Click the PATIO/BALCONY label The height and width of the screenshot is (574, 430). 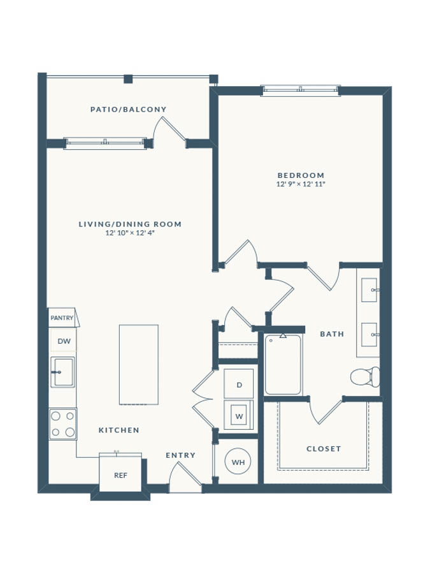coord(128,109)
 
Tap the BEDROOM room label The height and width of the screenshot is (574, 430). coord(301,175)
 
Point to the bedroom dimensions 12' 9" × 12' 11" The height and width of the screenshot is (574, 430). coord(301,184)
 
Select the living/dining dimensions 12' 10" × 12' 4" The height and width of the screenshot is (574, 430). coord(130,233)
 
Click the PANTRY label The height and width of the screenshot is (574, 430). coord(62,318)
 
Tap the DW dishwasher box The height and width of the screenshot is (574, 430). coord(64,341)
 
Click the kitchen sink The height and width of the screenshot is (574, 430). coord(62,372)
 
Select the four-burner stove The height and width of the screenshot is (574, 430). coord(63,424)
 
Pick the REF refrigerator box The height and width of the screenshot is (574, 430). coord(120,475)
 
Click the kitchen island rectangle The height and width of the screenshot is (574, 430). coord(139,365)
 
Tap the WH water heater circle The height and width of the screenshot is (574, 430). coord(238,462)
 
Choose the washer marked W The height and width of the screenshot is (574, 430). coord(239,415)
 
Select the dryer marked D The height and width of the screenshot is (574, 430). coord(239,384)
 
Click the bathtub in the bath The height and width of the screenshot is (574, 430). coord(283,364)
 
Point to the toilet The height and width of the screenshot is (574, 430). coord(365,377)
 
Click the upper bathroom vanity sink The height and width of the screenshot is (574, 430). coord(369,290)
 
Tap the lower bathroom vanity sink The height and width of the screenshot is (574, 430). coord(369,335)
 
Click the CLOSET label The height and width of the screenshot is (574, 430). coord(324,449)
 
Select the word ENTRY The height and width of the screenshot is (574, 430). coord(181,455)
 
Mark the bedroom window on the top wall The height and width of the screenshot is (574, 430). coord(301,91)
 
